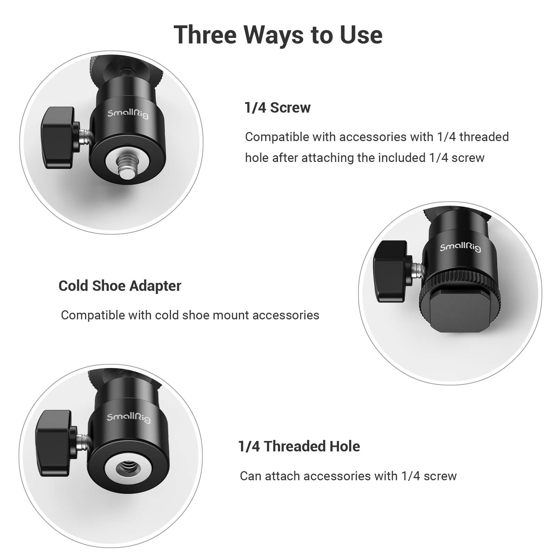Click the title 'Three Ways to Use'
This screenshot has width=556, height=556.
click(x=278, y=35)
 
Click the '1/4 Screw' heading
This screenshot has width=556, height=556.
click(x=277, y=108)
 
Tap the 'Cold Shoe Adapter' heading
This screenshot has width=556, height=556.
click(x=120, y=286)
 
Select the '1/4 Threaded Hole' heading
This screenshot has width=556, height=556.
click(x=299, y=447)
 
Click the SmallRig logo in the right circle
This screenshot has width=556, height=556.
click(x=460, y=247)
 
